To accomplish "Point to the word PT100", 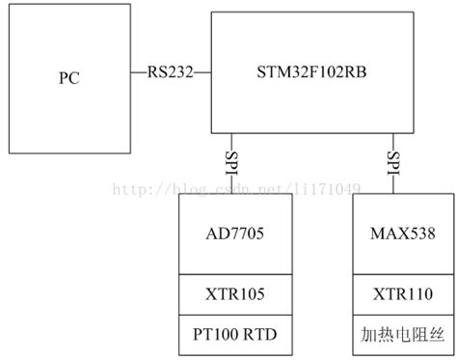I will [220, 334].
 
